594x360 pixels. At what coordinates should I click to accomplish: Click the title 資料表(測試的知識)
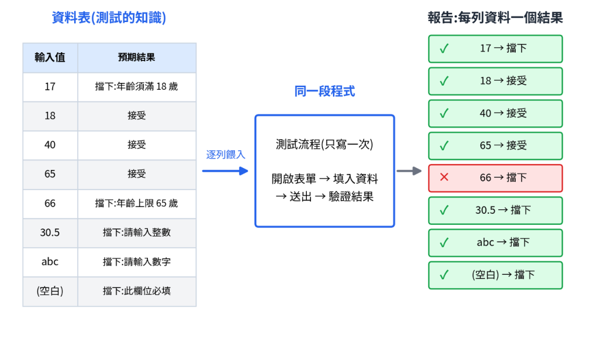[108, 17]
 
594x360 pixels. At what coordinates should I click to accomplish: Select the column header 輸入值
[50, 57]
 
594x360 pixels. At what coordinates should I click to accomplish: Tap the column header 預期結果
[137, 57]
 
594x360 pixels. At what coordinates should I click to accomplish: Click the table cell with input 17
[50, 87]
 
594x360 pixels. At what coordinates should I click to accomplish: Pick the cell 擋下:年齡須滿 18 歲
[137, 87]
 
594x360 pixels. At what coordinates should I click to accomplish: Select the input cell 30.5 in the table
[50, 232]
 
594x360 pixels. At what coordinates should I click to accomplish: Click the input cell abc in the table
[50, 261]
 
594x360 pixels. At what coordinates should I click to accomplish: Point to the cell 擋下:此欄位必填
[137, 291]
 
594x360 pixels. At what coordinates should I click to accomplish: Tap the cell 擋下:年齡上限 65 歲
[137, 203]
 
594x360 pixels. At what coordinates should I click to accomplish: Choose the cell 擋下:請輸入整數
[137, 232]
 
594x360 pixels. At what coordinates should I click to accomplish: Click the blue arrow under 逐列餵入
[225, 171]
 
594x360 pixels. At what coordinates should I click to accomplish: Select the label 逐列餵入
[226, 154]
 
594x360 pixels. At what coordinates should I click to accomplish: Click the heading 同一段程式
[325, 91]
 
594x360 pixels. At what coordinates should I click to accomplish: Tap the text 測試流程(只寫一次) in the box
[325, 144]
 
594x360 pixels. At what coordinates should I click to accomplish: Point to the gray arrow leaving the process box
[409, 171]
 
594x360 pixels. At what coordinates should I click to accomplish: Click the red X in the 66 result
[444, 177]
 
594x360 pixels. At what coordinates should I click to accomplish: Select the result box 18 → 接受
[495, 81]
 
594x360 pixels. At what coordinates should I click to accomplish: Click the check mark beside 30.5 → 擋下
[444, 210]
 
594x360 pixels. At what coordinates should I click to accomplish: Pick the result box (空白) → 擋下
[495, 275]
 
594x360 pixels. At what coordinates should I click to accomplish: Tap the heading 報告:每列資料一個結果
[495, 17]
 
